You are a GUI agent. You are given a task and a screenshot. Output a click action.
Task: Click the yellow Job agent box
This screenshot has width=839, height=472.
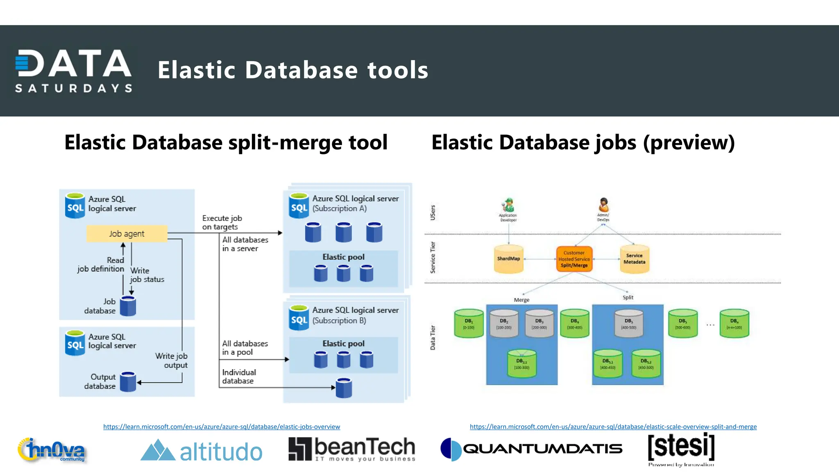[127, 234]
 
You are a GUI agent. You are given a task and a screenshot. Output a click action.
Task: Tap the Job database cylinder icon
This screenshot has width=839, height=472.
[128, 306]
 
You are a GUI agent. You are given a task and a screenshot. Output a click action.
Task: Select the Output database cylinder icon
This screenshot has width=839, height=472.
[128, 382]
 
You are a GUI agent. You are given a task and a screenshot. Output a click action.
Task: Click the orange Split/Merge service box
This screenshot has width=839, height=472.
[574, 259]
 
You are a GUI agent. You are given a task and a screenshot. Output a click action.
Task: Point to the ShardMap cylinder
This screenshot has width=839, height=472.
[508, 259]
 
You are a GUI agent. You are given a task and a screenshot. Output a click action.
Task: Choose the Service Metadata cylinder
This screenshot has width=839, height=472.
[634, 259]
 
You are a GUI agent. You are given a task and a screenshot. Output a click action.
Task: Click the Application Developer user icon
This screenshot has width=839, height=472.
[508, 205]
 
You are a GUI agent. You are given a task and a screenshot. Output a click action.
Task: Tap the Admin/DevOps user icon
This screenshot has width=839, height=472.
[603, 204]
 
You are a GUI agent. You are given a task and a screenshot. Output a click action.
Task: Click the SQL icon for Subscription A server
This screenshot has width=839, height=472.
[299, 206]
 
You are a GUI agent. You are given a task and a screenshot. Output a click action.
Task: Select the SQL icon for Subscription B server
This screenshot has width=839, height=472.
[299, 318]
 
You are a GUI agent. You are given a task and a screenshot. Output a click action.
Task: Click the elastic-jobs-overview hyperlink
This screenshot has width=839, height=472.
[221, 427]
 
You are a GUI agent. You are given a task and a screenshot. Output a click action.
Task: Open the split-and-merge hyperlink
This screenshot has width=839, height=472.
[613, 427]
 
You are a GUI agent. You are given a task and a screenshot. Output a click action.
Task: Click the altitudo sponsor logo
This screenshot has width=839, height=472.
[201, 451]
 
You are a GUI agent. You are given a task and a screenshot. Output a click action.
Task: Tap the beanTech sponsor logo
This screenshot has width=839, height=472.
[351, 449]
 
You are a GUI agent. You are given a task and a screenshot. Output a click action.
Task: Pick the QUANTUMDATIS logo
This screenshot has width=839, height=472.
[531, 449]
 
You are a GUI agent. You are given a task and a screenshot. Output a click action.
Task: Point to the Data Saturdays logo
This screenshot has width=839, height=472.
[73, 70]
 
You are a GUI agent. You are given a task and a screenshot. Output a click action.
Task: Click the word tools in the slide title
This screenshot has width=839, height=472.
[397, 70]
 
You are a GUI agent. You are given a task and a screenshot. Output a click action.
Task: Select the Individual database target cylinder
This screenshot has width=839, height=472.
[344, 388]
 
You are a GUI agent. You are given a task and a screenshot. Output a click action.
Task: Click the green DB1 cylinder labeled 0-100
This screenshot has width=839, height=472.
[469, 324]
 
